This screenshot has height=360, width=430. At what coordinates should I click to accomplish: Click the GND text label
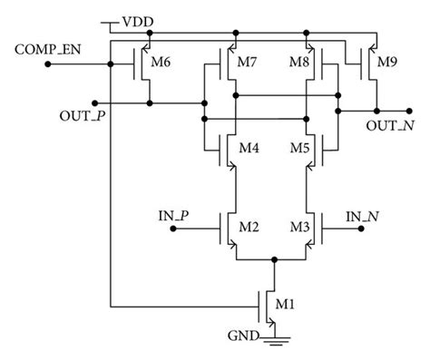243,336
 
